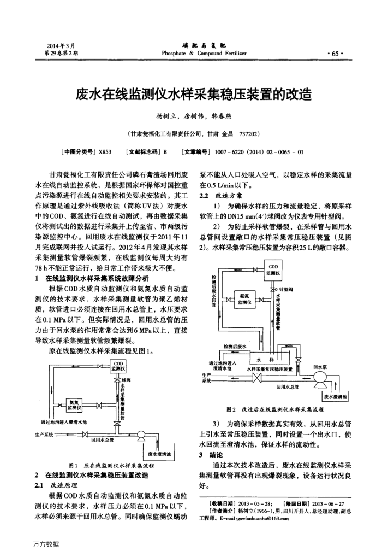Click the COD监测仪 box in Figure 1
(118, 367)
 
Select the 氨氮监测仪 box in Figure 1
(73, 404)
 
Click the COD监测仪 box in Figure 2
(273, 269)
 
